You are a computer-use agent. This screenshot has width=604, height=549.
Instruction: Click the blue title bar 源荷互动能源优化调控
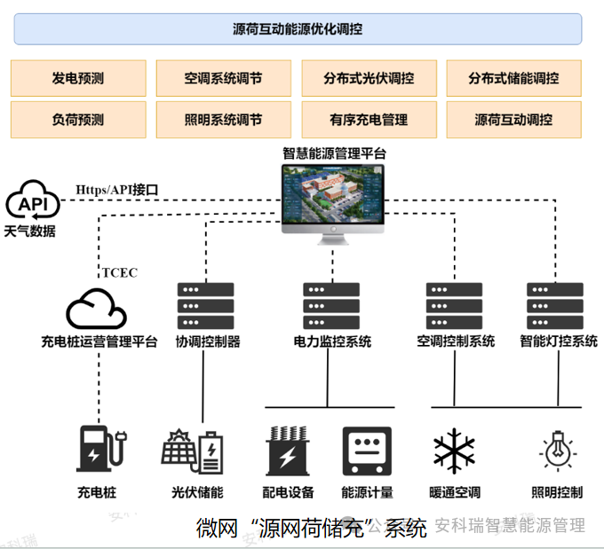(x=298, y=29)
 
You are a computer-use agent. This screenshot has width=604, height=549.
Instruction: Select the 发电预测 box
(x=78, y=78)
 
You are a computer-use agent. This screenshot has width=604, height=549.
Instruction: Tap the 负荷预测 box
(x=78, y=120)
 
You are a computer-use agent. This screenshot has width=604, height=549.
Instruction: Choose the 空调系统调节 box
(x=223, y=78)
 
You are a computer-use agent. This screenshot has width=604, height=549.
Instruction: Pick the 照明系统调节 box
(x=223, y=120)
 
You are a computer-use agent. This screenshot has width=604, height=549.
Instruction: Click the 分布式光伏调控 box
(x=369, y=78)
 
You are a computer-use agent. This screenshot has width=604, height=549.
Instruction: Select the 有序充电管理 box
(x=369, y=120)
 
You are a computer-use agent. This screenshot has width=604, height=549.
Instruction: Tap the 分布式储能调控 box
(x=513, y=78)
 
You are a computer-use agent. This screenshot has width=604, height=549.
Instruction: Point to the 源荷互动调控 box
(x=513, y=120)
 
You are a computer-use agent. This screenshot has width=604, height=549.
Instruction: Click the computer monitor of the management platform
(x=334, y=199)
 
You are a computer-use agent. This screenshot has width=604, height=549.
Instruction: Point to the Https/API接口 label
(x=116, y=189)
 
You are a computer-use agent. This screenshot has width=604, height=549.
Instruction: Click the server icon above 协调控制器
(x=206, y=307)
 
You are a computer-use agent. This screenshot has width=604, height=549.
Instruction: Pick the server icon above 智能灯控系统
(x=555, y=307)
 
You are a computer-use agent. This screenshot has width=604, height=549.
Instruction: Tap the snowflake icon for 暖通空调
(x=455, y=450)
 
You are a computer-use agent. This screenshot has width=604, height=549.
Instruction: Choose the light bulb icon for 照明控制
(x=558, y=450)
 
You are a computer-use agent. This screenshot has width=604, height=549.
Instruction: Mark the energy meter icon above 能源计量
(x=367, y=451)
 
